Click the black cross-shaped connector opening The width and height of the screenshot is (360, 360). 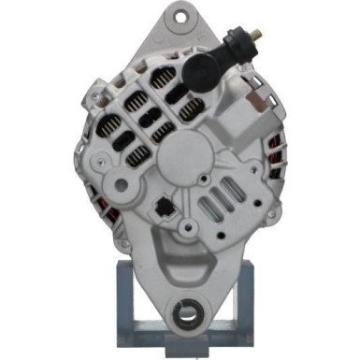[166, 209]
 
